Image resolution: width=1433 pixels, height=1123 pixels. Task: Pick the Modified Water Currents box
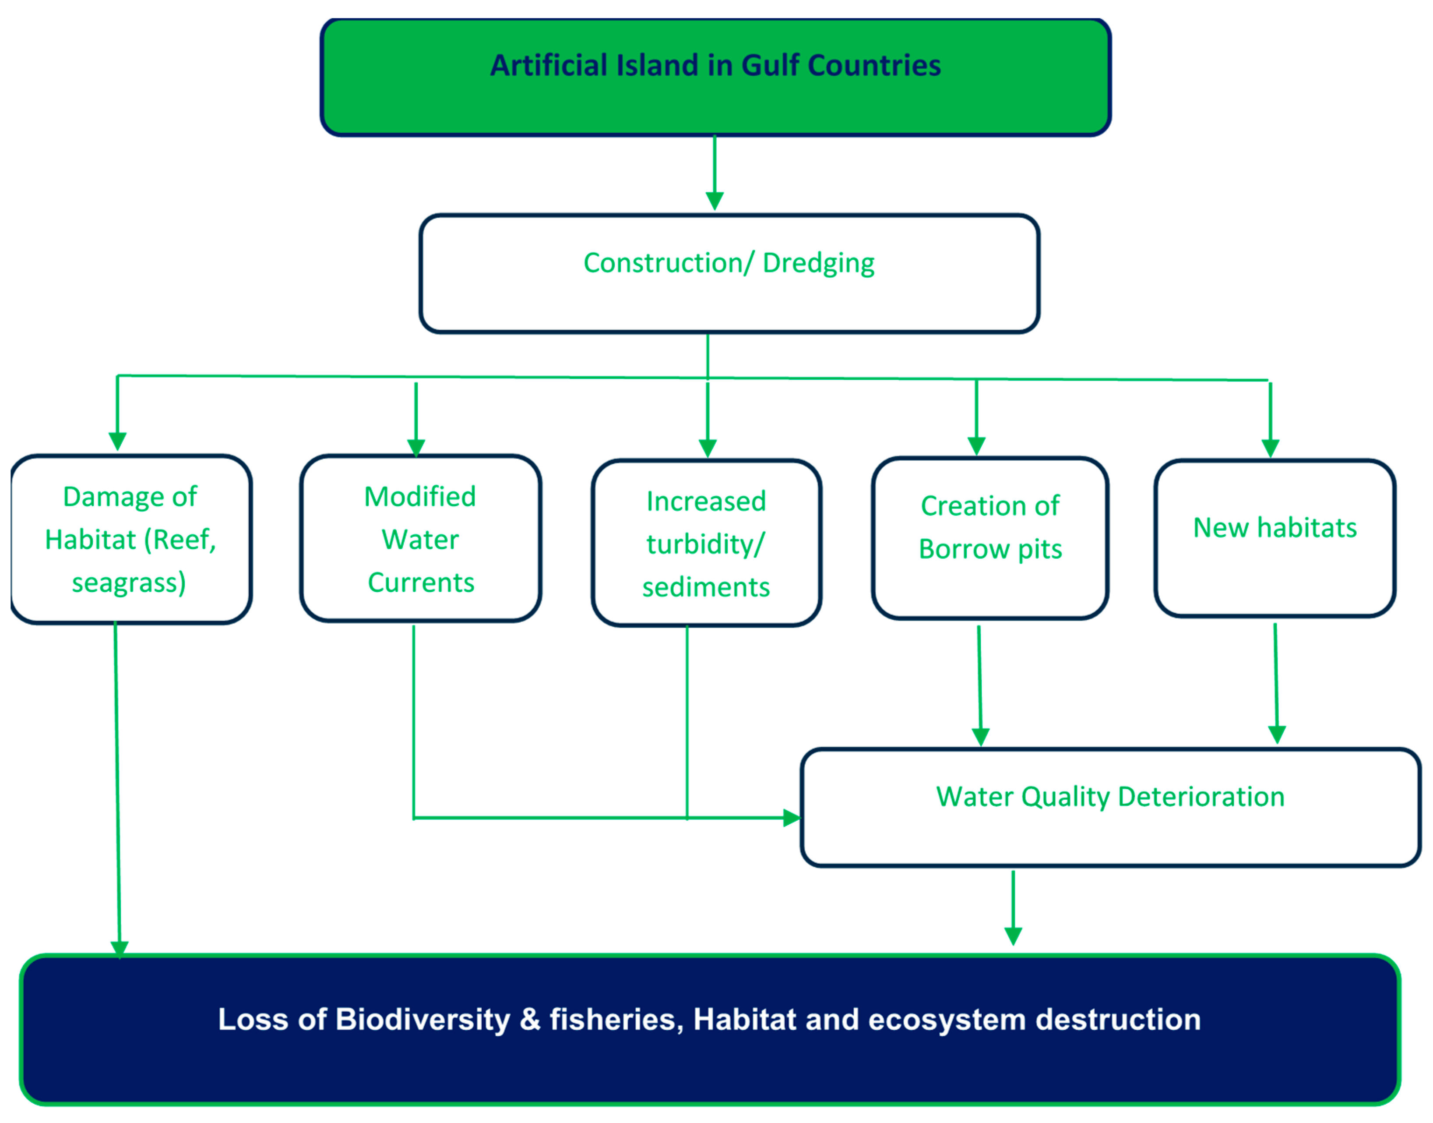tap(420, 539)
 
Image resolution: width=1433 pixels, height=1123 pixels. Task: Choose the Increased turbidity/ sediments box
tap(706, 544)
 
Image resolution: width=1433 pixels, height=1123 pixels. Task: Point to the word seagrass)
tap(129, 583)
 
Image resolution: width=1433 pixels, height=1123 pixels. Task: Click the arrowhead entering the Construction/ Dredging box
tap(715, 201)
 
